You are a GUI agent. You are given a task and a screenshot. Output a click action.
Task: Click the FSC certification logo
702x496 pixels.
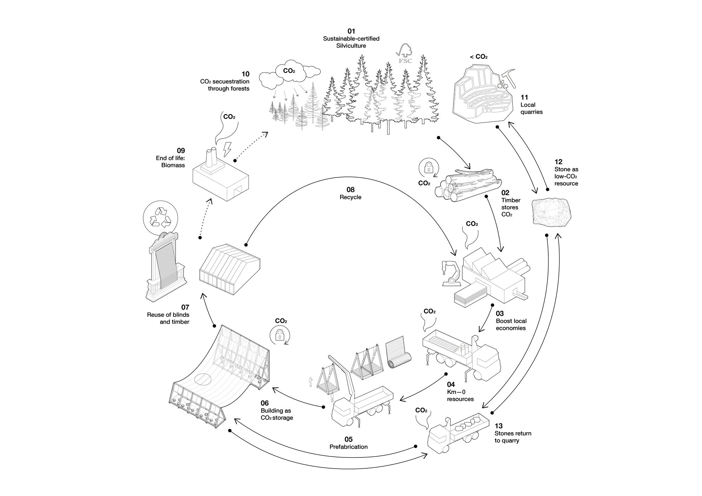(405, 54)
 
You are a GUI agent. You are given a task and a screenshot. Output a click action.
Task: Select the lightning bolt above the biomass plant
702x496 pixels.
(227, 149)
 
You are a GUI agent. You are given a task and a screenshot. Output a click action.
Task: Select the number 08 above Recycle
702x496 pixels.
(350, 190)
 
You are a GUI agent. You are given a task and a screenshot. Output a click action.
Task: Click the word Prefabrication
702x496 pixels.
(349, 447)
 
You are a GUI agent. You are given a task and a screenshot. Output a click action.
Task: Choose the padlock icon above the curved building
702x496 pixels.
(279, 336)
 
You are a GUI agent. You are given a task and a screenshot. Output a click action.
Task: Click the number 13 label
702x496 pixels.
(498, 426)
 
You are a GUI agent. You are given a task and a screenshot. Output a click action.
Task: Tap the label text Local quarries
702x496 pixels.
(531, 108)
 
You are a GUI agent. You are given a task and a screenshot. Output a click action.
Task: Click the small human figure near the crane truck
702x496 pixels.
(310, 382)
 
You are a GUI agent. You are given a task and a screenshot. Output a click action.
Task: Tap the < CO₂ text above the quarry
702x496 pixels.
(479, 56)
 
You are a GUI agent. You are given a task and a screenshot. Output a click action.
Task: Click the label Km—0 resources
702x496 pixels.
(460, 395)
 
